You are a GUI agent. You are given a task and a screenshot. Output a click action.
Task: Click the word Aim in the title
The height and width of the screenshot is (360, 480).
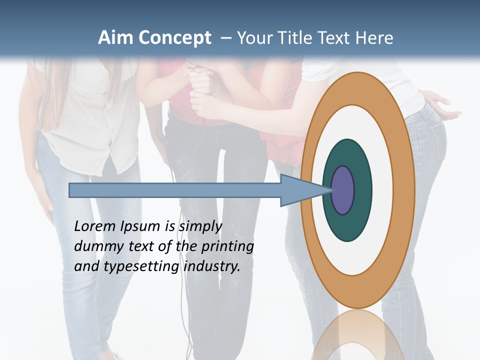pos(116,38)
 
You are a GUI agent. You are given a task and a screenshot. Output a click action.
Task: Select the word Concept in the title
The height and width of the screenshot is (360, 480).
pos(175,38)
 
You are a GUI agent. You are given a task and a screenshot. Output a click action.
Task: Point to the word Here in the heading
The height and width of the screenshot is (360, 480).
pos(374,38)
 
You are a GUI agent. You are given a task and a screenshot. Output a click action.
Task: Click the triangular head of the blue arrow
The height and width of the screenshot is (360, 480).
pos(300,190)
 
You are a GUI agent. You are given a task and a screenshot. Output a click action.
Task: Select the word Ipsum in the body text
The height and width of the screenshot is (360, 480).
pos(140,227)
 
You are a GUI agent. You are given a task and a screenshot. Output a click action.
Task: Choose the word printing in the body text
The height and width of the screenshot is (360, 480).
pos(227,247)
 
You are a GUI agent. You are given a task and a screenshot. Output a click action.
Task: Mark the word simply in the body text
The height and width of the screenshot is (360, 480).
pos(200,227)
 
